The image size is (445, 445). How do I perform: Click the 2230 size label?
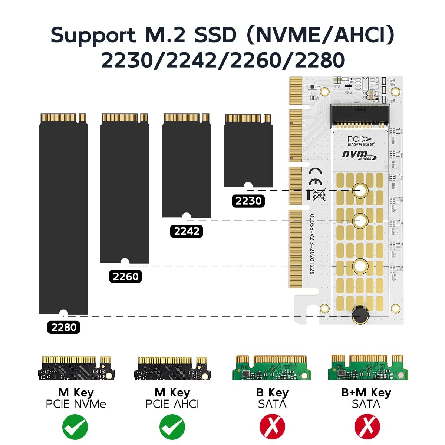[x=248, y=201]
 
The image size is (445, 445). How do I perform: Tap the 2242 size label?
[x=187, y=231]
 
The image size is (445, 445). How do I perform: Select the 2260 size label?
[x=125, y=277]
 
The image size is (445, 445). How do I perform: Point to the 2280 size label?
[x=64, y=327]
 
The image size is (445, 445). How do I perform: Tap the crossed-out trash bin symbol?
[x=319, y=194]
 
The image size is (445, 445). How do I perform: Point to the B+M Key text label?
[x=366, y=392]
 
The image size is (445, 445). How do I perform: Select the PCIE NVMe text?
[x=76, y=404]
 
